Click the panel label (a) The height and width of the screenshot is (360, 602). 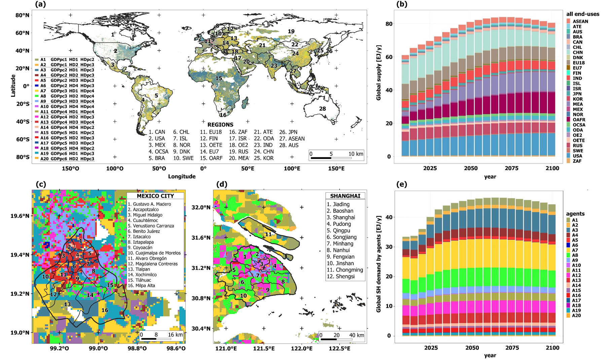[40, 4]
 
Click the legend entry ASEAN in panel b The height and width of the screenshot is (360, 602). [580, 21]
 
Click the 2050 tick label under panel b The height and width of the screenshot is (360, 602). [470, 168]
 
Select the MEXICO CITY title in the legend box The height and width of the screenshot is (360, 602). [155, 196]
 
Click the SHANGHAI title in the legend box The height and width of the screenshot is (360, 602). [345, 196]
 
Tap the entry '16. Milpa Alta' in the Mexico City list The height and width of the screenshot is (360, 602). [141, 286]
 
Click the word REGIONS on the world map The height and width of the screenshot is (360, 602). [220, 125]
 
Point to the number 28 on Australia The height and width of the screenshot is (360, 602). [322, 109]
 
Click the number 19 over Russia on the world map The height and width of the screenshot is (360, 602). [291, 31]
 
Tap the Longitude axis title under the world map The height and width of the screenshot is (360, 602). [182, 176]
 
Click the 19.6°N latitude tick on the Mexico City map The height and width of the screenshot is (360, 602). [20, 216]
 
